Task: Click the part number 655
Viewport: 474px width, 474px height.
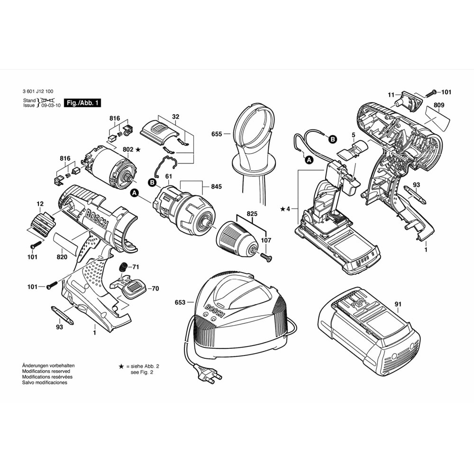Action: pos(217,134)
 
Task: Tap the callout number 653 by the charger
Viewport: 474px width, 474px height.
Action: pos(180,302)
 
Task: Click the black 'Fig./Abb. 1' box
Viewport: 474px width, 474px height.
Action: pos(83,103)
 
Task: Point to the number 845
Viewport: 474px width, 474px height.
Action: pos(216,187)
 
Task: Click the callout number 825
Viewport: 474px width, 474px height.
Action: pos(252,214)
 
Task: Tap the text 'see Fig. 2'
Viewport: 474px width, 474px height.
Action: pos(142,373)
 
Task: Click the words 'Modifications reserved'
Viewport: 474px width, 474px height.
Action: pos(45,371)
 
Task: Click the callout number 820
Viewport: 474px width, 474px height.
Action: pos(61,257)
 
